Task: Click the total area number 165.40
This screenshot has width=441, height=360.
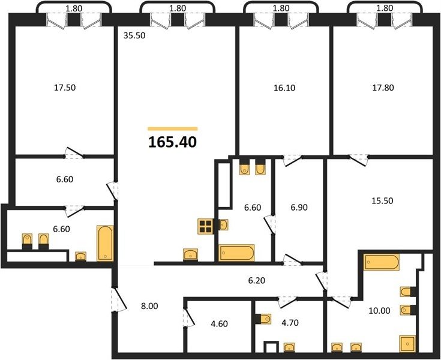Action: (172, 142)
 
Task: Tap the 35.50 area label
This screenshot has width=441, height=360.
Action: (134, 36)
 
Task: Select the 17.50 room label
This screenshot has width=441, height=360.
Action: (65, 88)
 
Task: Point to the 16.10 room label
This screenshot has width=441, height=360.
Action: (284, 88)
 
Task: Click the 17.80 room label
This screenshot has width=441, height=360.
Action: (383, 88)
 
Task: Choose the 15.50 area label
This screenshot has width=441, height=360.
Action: (382, 201)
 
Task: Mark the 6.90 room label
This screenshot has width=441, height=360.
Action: (299, 207)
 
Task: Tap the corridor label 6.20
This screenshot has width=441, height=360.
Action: (257, 280)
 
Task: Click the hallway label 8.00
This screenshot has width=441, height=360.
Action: (149, 306)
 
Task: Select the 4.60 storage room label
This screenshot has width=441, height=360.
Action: (219, 324)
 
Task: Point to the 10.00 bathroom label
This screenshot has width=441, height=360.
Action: (379, 311)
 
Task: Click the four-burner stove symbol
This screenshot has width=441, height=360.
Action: (205, 226)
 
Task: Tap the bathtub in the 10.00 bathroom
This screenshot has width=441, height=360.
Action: (381, 262)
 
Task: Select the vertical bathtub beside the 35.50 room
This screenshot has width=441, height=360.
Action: (105, 243)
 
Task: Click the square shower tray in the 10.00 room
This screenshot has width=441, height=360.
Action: (407, 344)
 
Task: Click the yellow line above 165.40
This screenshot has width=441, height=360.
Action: (173, 129)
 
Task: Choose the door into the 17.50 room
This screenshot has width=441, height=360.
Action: (74, 153)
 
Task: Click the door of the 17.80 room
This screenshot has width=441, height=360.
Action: (359, 160)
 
